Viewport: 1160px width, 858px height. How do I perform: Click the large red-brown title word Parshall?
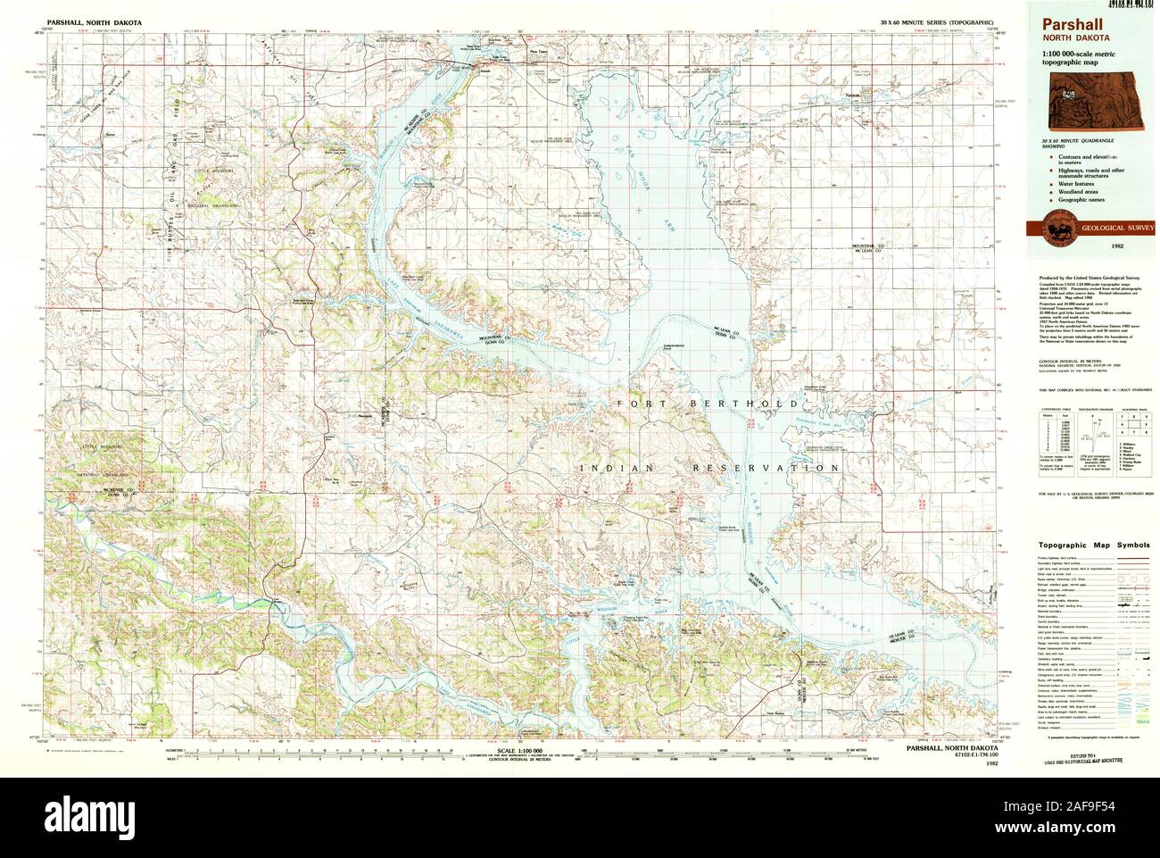tap(1066, 27)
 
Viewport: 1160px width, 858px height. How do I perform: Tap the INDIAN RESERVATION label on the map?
tap(708, 468)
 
